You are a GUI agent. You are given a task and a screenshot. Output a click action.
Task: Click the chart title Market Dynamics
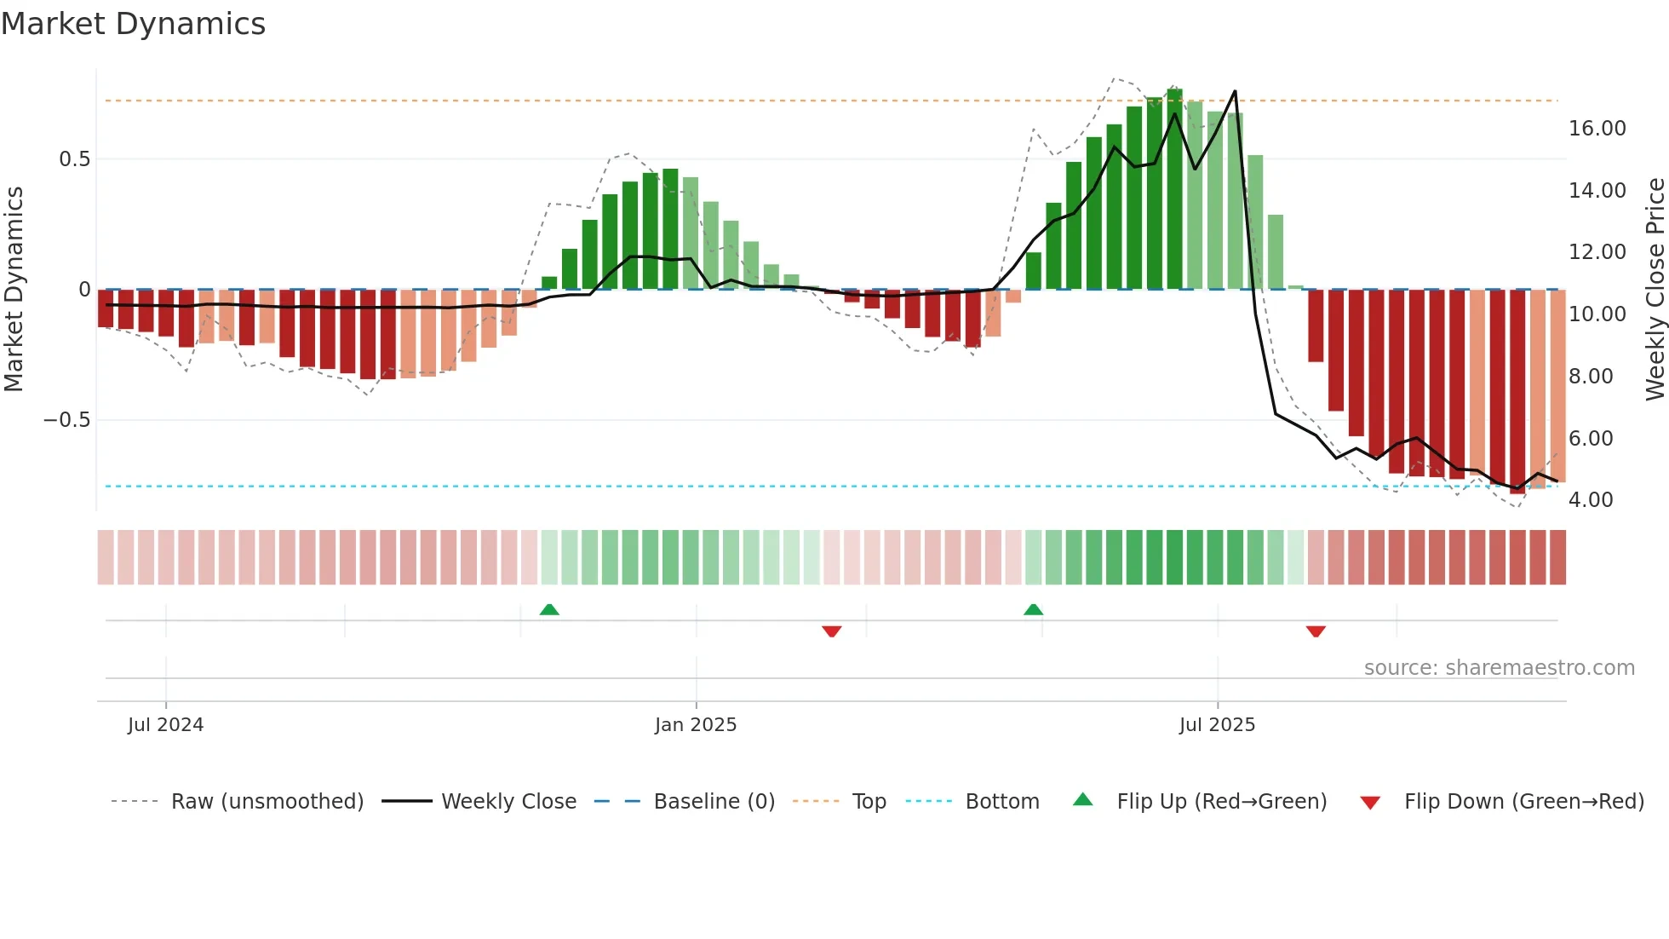[134, 24]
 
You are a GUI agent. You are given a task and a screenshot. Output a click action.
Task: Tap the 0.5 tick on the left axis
[74, 159]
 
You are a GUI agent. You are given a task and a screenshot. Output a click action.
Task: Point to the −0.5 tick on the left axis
[66, 420]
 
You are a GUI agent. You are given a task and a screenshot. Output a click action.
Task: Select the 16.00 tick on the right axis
[1597, 129]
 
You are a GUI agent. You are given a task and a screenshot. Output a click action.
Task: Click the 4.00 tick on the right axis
[1591, 500]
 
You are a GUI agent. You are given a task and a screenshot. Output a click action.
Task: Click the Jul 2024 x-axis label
[165, 725]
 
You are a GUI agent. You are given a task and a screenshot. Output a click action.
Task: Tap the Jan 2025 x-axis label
[696, 725]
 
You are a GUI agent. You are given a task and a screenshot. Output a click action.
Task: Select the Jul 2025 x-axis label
[1217, 725]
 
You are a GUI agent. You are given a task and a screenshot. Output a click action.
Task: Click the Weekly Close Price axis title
[1655, 290]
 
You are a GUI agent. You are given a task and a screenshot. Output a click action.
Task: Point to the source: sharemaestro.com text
[1499, 668]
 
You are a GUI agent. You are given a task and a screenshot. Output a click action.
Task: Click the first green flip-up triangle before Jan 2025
[549, 609]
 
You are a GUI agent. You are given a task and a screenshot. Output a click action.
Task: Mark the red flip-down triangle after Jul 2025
[1316, 631]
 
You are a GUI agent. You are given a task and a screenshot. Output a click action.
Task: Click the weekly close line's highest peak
[1235, 91]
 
